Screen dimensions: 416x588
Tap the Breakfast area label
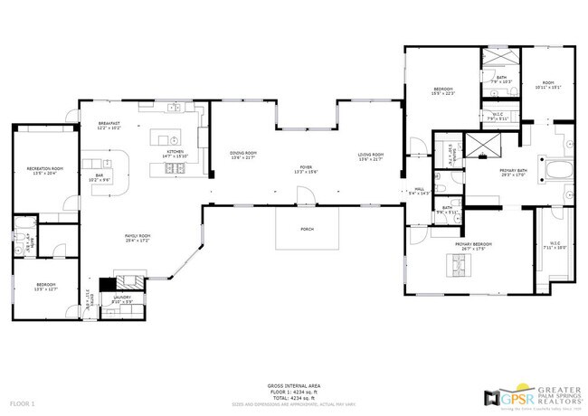[109, 126]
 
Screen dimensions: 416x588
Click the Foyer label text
[307, 169]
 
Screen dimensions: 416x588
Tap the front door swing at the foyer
[308, 194]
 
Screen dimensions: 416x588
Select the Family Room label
[138, 238]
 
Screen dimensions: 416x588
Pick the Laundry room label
[121, 298]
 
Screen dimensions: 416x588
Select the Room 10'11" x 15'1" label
[548, 85]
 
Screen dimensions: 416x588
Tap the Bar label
[100, 178]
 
